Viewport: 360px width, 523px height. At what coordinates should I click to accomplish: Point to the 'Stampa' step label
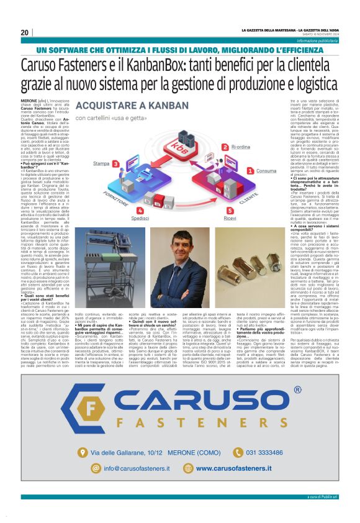pyautogui.click(x=102, y=164)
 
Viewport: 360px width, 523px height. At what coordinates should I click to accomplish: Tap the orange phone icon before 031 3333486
pyautogui.click(x=236, y=470)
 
